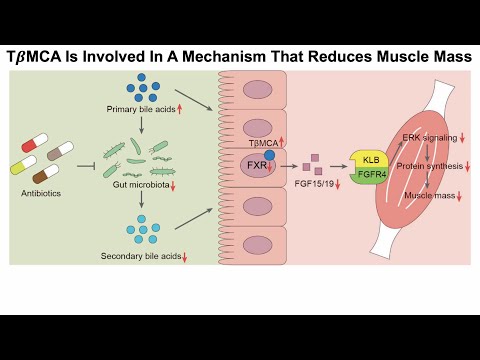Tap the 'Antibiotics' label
point(42,194)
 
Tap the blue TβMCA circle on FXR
point(268,157)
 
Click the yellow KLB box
point(371,159)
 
